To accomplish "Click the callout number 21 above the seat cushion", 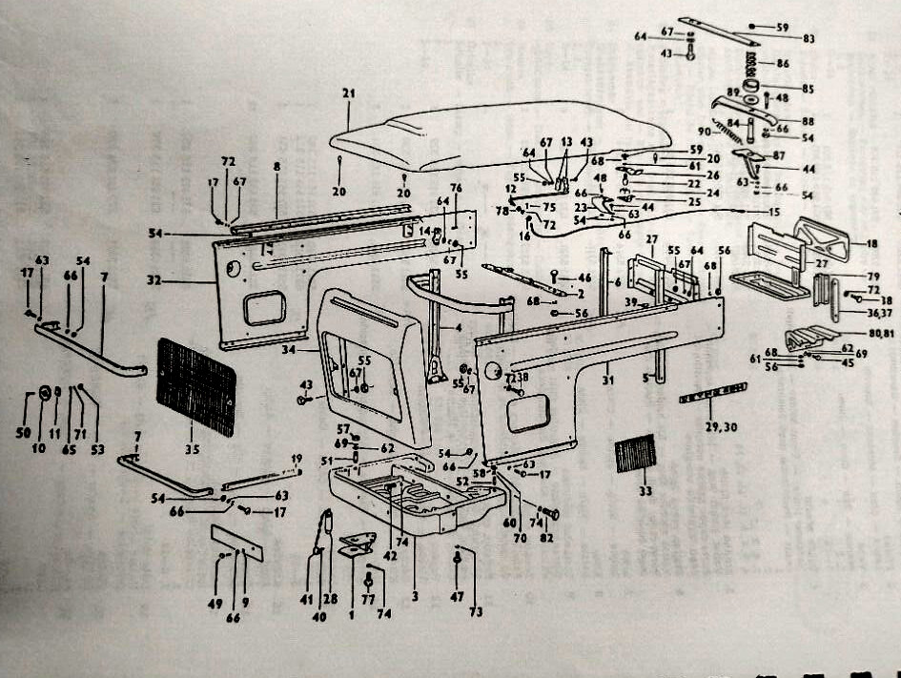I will point(348,92).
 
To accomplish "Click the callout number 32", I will point(154,281).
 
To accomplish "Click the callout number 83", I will point(782,39).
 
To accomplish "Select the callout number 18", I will point(871,244).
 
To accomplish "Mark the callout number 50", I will point(23,433).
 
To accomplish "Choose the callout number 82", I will point(546,539).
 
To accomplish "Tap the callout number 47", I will point(457,595).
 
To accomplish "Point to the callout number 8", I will point(276,166).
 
